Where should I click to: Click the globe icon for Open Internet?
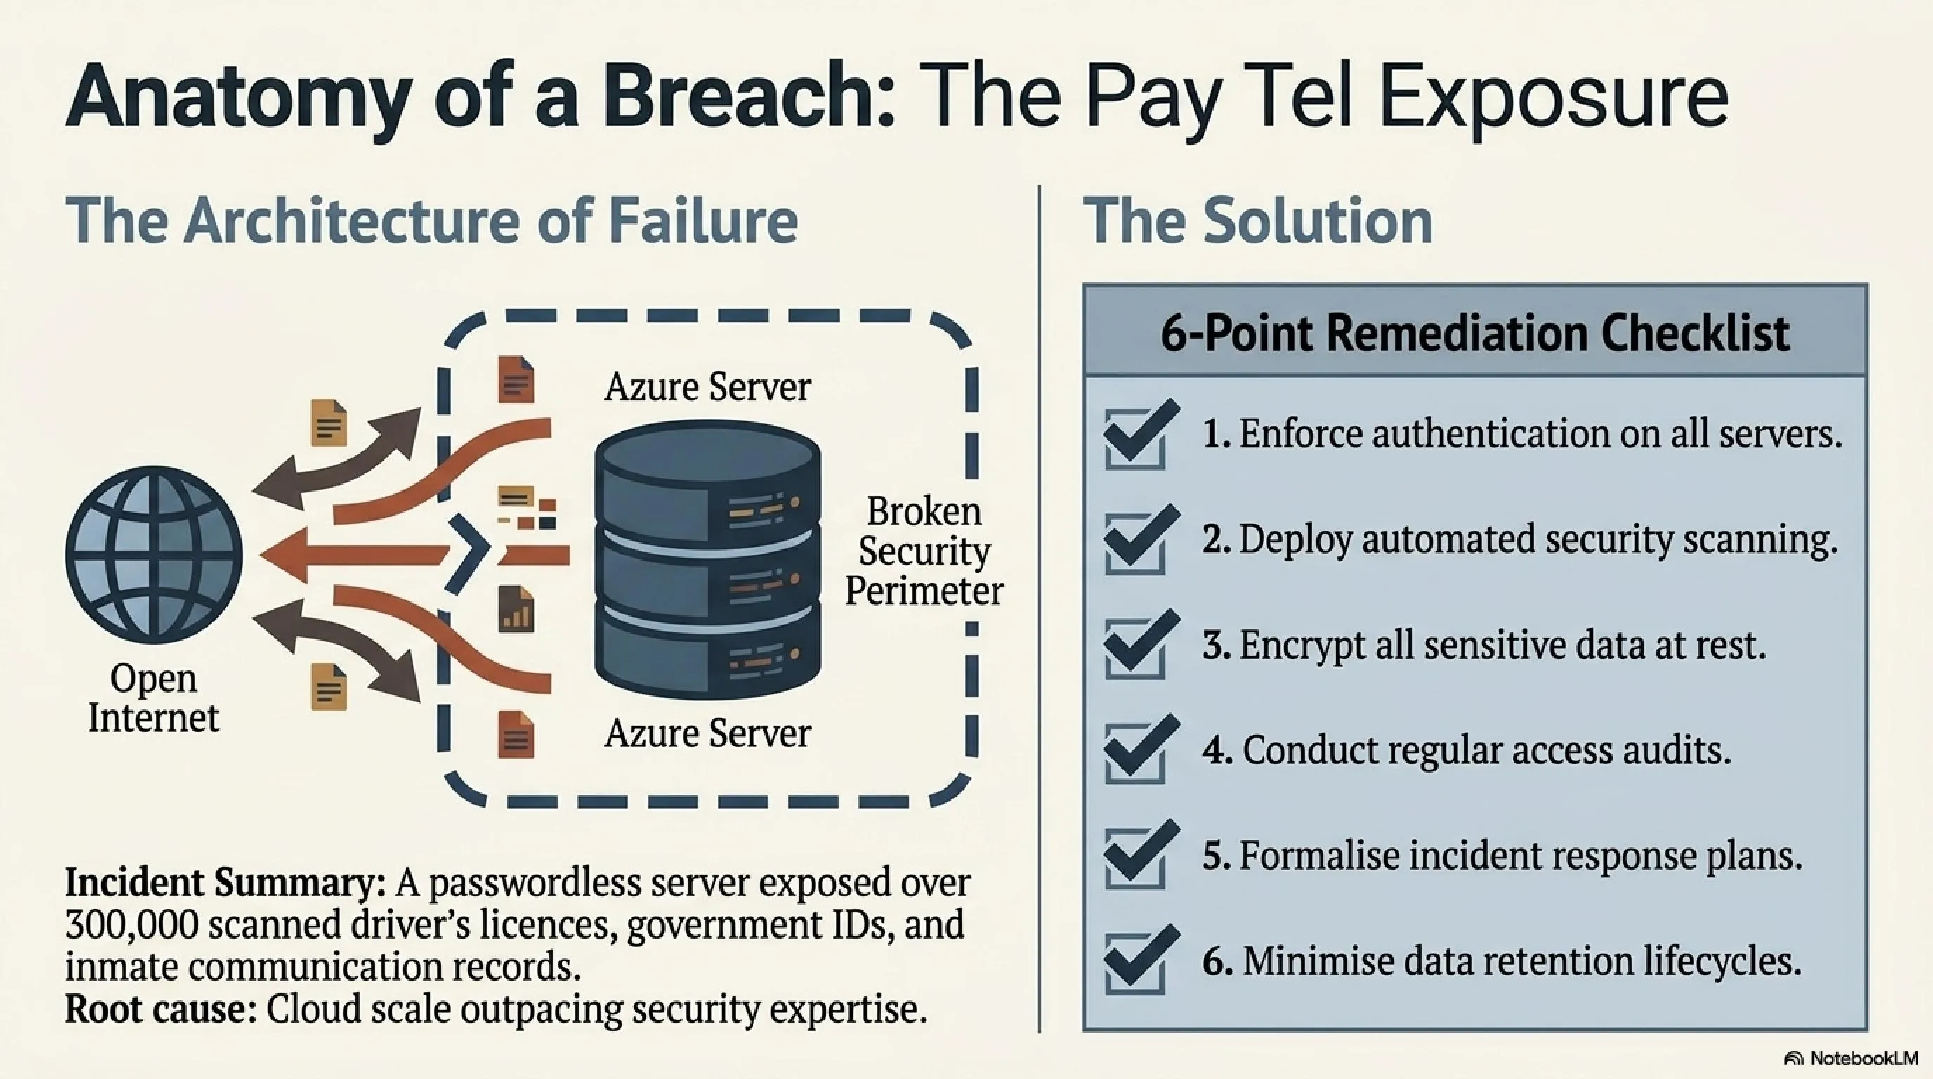click(x=154, y=555)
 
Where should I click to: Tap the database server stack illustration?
click(x=707, y=559)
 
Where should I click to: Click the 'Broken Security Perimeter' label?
click(x=924, y=551)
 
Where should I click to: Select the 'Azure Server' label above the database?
click(x=707, y=387)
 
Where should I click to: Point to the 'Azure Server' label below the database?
click(x=707, y=733)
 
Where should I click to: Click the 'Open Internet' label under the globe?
click(x=154, y=698)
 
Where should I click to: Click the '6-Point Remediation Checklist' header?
click(x=1474, y=333)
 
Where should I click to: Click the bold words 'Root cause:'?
click(x=162, y=1009)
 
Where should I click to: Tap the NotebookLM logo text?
click(x=1863, y=1057)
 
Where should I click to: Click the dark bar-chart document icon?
click(x=516, y=608)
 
